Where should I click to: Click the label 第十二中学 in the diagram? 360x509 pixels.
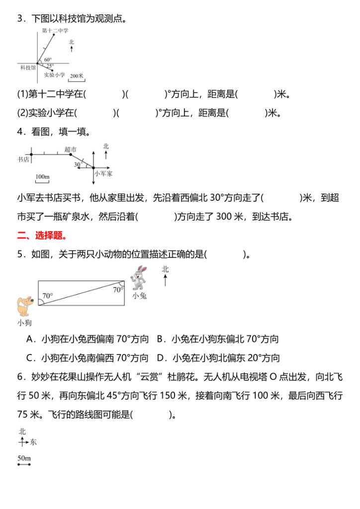[55, 31]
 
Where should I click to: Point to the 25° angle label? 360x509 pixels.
[50, 66]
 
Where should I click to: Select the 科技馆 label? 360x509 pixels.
[27, 67]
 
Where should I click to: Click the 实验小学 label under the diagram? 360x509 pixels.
[54, 75]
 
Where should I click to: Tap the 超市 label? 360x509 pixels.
[71, 149]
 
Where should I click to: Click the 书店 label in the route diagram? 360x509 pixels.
[23, 159]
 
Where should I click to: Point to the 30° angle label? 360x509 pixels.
[78, 164]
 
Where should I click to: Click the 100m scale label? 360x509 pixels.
[43, 176]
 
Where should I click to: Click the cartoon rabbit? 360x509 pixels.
[139, 278]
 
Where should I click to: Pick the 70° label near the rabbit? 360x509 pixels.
[118, 289]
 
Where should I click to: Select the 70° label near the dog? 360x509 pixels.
[47, 296]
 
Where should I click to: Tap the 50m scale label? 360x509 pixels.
[24, 457]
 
